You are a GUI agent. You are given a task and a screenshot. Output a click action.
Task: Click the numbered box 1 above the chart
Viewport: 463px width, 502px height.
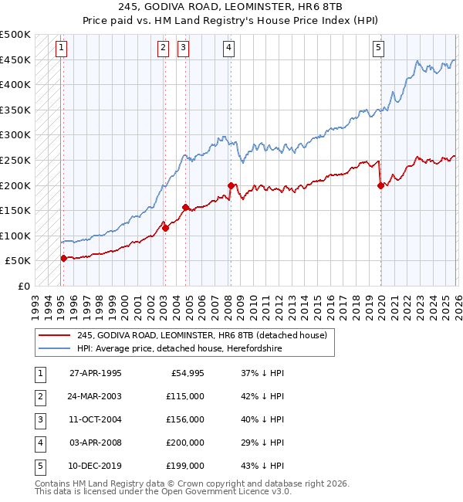click(x=61, y=48)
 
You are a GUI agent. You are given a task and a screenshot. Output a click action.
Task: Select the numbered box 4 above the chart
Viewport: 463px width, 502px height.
click(x=230, y=48)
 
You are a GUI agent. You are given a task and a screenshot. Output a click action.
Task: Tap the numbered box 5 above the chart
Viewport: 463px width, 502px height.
click(x=379, y=48)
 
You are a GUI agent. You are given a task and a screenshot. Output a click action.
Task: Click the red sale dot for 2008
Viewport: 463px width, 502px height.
click(x=231, y=185)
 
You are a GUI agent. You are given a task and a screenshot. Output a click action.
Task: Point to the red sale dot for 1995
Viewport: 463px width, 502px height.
click(x=63, y=259)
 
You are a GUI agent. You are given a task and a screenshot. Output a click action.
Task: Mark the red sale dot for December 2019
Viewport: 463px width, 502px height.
click(x=380, y=185)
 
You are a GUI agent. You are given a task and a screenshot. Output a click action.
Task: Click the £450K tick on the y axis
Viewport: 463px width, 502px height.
click(x=15, y=59)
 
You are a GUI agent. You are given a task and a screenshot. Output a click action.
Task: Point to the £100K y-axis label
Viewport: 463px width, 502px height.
click(x=15, y=236)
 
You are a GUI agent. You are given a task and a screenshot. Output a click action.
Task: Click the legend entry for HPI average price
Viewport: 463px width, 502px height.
click(x=179, y=349)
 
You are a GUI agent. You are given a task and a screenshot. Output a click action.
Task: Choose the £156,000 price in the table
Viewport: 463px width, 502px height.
click(x=185, y=419)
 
